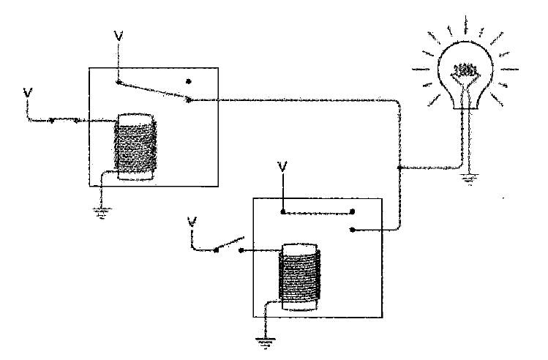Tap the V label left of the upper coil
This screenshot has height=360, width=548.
pyautogui.click(x=28, y=94)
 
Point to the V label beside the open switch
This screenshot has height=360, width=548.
pyautogui.click(x=192, y=221)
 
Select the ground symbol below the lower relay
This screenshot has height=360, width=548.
pyautogui.click(x=260, y=340)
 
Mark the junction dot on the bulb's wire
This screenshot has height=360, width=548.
pyautogui.click(x=398, y=168)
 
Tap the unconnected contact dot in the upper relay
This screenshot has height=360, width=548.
pyautogui.click(x=188, y=80)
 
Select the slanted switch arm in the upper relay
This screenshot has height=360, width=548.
pyautogui.click(x=153, y=91)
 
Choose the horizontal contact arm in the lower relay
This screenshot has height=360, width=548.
pyautogui.click(x=317, y=213)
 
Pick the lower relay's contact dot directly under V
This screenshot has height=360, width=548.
pyautogui.click(x=282, y=213)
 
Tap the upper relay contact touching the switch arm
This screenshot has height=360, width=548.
pyautogui.click(x=188, y=100)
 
